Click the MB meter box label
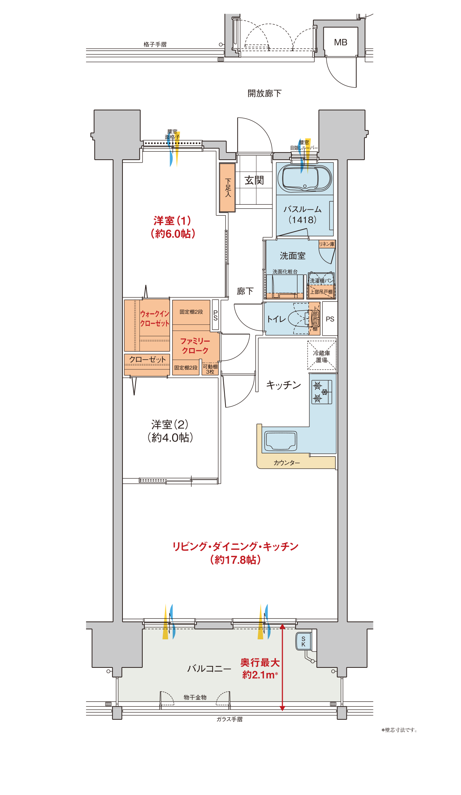(340, 43)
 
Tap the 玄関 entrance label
(254, 180)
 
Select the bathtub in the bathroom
(305, 179)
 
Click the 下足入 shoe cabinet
(227, 187)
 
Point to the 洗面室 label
(292, 256)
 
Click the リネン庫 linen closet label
(327, 244)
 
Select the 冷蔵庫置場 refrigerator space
(322, 356)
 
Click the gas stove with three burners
(322, 392)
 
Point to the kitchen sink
(281, 441)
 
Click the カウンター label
(287, 463)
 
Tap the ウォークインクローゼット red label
(155, 319)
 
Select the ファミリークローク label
(195, 346)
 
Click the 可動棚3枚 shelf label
(210, 369)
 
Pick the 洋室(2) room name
(170, 424)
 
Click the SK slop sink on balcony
(304, 641)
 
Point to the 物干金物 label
(195, 697)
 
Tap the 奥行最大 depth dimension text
(260, 662)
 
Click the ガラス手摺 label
(229, 719)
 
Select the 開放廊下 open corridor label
(264, 93)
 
